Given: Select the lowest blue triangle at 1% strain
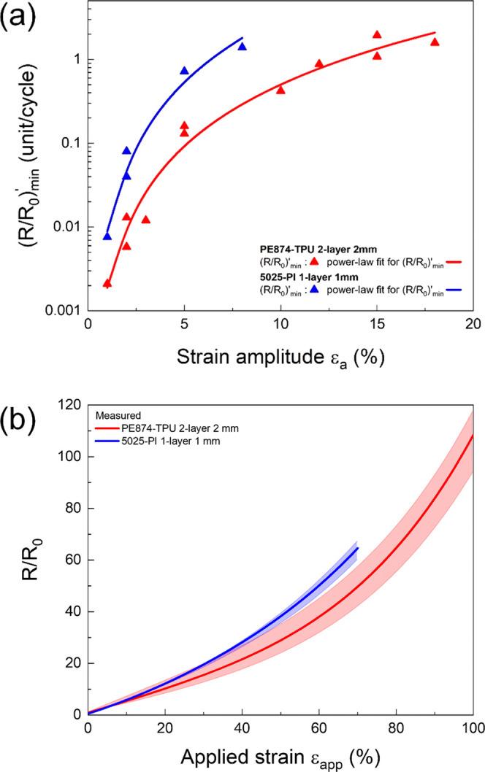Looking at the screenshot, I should (x=107, y=236).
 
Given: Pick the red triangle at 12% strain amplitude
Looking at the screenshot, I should (x=319, y=64).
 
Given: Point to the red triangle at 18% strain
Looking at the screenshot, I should (x=435, y=42).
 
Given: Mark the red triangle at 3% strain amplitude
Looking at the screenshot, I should (x=146, y=220).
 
